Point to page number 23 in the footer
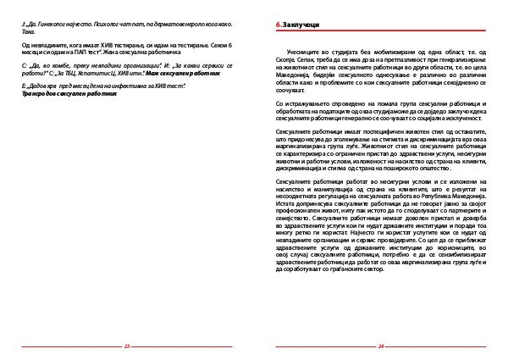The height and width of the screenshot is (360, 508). [x=127, y=346]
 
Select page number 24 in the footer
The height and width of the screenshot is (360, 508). [x=381, y=346]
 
